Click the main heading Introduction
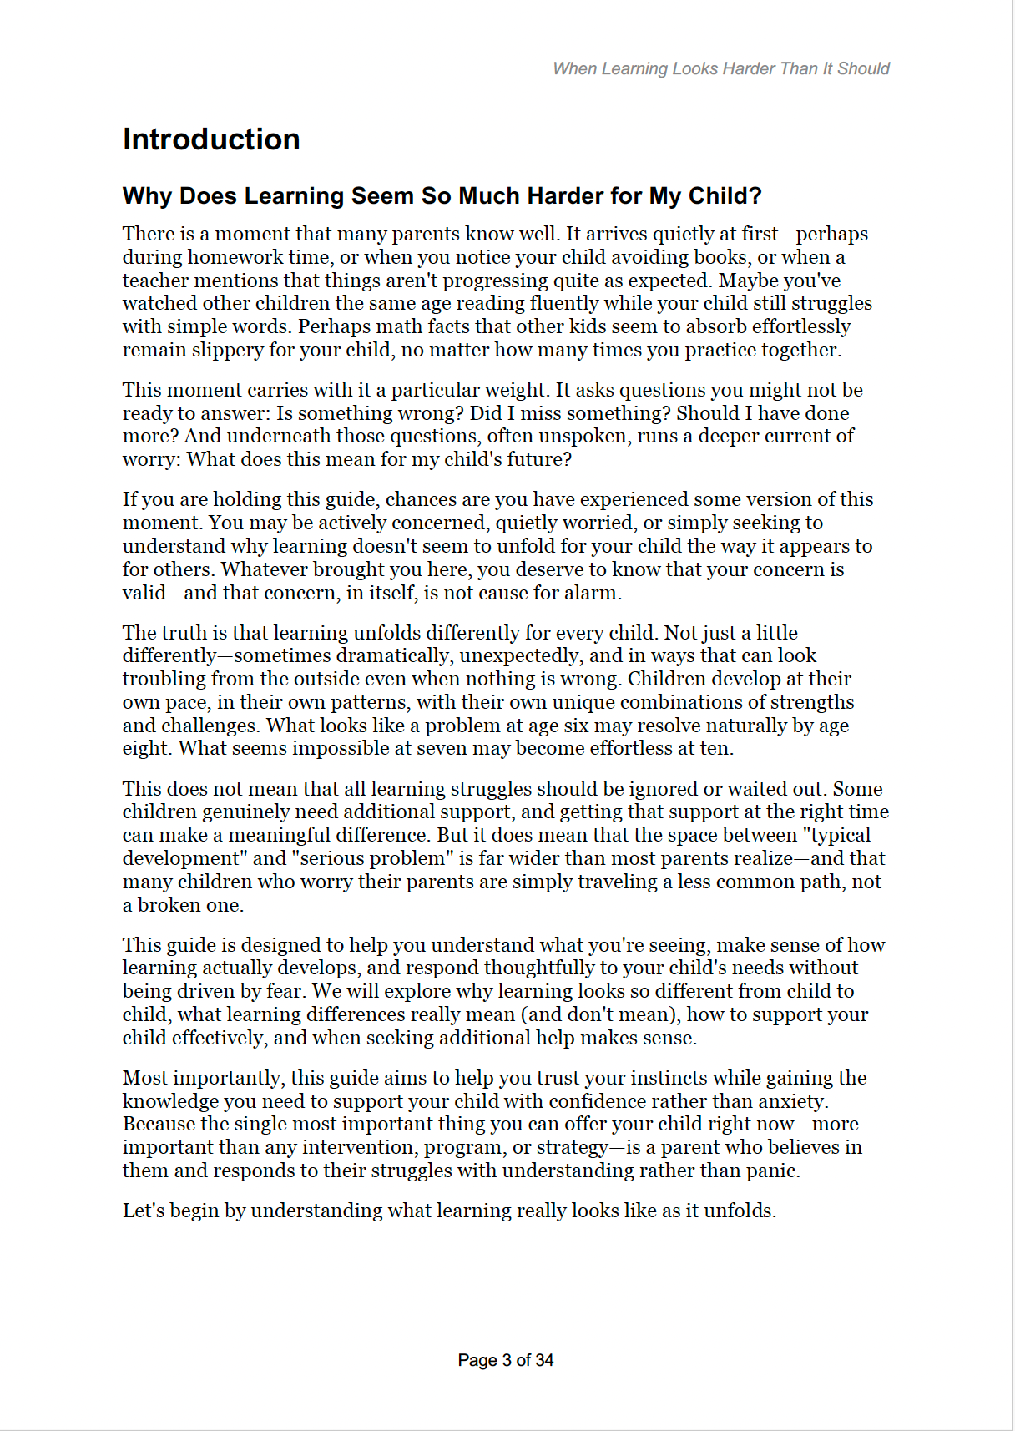[x=211, y=139]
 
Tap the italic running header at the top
[x=721, y=68]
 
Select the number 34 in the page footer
[x=544, y=1360]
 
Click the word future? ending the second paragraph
[x=538, y=459]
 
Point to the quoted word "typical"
[x=836, y=835]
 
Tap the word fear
[x=284, y=991]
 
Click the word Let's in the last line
[x=143, y=1211]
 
